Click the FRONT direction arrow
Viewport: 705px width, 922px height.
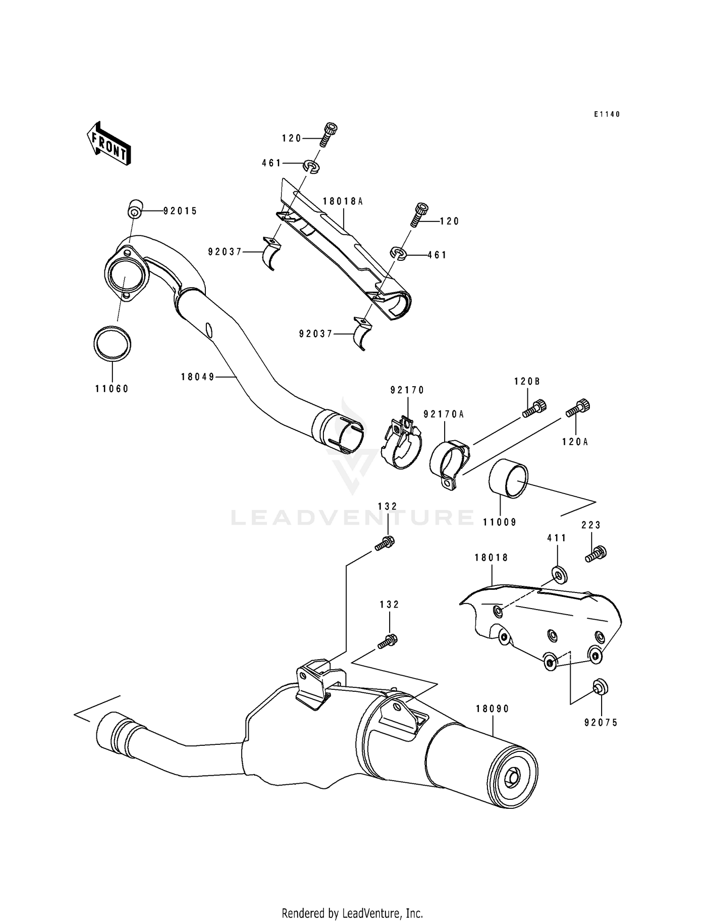[x=109, y=144]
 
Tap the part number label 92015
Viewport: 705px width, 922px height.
[x=180, y=211]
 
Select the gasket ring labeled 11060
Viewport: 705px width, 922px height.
[x=112, y=344]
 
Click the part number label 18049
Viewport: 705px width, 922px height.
[x=197, y=377]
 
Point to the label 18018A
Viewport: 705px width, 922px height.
[x=343, y=202]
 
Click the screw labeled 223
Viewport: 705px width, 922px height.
[x=596, y=554]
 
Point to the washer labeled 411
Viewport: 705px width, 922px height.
[x=559, y=575]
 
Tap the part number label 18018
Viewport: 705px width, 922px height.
[x=491, y=558]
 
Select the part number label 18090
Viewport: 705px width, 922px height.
[x=492, y=709]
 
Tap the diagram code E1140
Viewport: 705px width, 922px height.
[x=606, y=114]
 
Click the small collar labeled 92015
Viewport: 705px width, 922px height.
[x=135, y=209]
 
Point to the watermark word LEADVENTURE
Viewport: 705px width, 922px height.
[x=352, y=517]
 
